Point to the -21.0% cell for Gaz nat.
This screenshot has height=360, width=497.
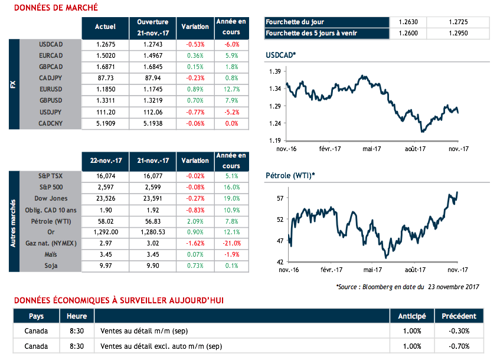pos(231,243)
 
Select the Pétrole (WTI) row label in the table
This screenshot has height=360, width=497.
pos(51,221)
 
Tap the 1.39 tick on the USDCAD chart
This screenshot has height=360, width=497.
pos(275,71)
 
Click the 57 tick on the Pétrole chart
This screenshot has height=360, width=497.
pos(279,198)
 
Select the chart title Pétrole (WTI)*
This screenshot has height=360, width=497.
pos(290,175)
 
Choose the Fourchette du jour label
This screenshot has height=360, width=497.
pos(295,22)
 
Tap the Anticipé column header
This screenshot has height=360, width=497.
pos(412,316)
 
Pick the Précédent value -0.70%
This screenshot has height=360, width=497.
pos(459,345)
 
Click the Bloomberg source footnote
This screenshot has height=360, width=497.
pos(407,287)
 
